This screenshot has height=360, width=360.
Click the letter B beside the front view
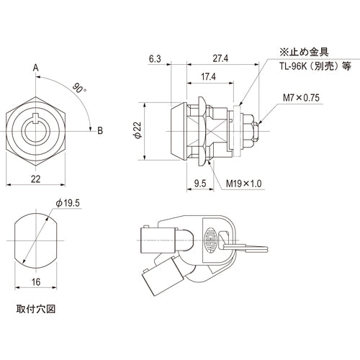click(100, 130)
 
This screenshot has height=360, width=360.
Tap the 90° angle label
click(77, 90)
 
